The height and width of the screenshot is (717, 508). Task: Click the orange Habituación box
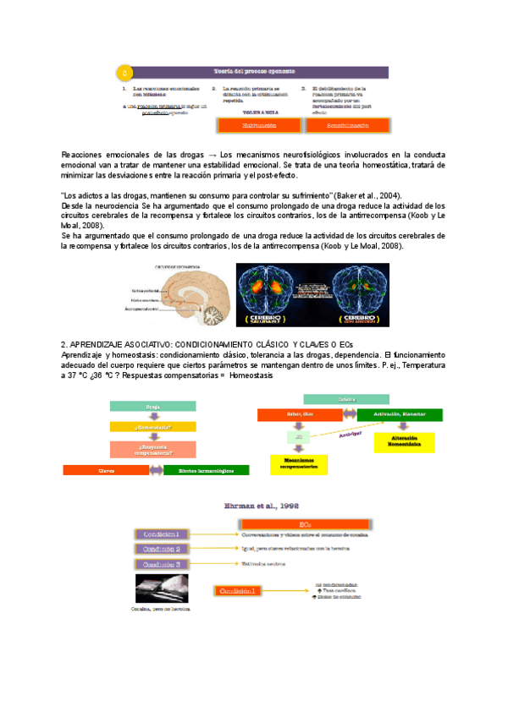click(x=260, y=124)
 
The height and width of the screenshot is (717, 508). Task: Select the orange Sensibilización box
click(x=347, y=124)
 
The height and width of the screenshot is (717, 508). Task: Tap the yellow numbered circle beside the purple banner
click(x=124, y=71)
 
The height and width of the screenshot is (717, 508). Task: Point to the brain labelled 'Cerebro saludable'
click(x=275, y=294)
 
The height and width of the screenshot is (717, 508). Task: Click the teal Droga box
click(x=153, y=406)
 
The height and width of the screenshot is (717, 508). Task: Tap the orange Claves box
click(x=107, y=470)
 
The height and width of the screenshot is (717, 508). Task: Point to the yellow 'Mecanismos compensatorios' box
click(x=294, y=463)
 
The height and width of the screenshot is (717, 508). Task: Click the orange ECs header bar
click(x=306, y=525)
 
